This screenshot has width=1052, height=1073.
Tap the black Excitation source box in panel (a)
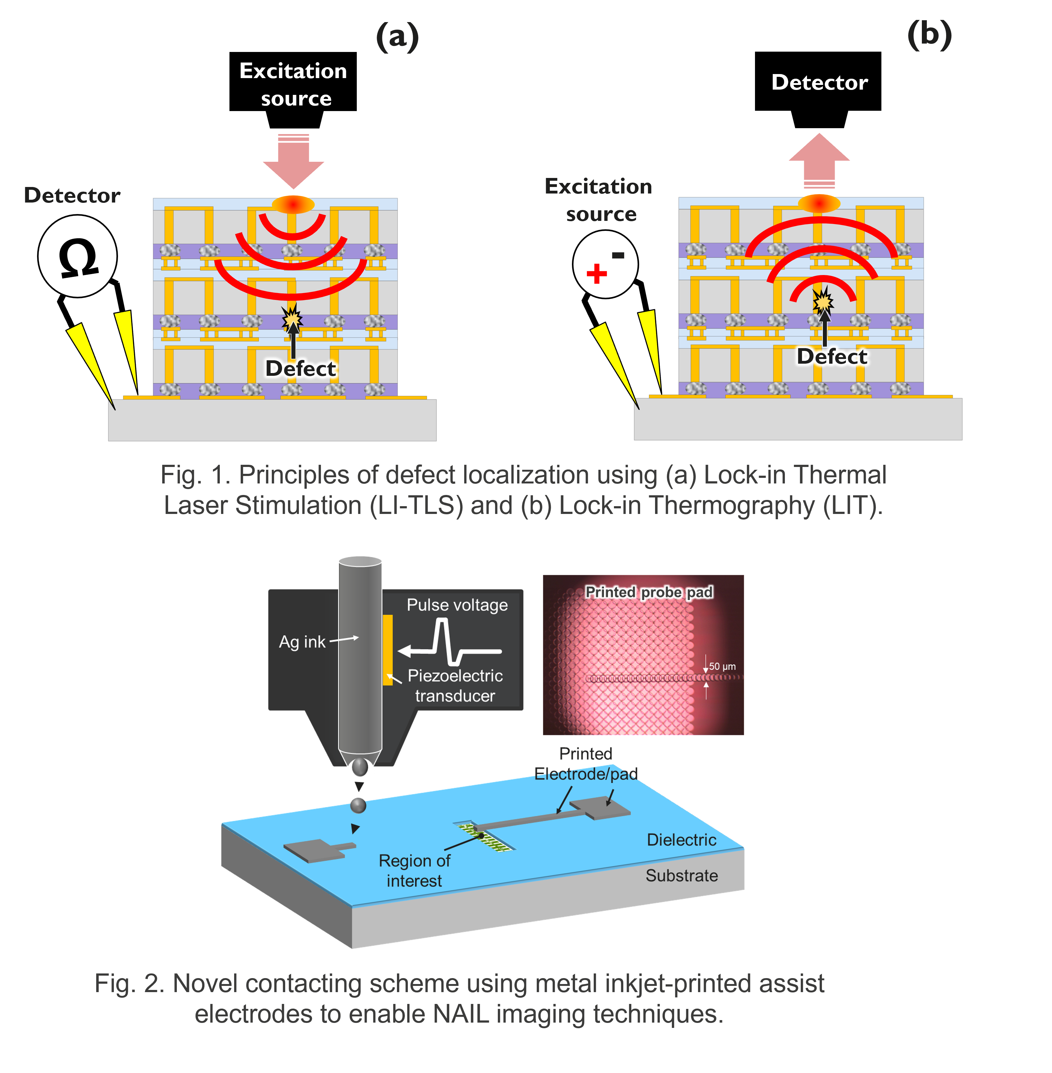293,83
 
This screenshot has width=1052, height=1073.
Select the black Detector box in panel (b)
818,82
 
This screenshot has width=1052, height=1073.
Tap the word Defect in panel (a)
300,368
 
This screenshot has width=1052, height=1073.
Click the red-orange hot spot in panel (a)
293,204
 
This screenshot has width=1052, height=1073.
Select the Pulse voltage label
457,605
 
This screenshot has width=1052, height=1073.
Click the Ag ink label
302,642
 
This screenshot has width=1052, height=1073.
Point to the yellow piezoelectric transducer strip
388,650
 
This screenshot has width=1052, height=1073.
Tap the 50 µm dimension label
722,667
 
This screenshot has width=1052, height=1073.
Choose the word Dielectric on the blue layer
681,840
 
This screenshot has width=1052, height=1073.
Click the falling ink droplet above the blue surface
359,806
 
